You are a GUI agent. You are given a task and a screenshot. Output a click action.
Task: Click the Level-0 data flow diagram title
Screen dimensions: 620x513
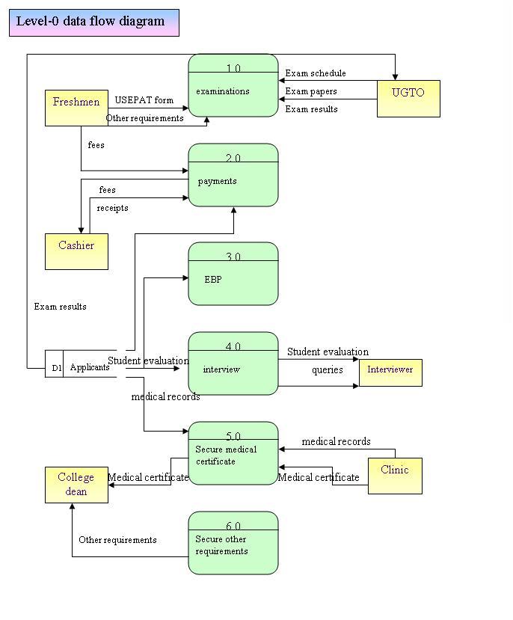pyautogui.click(x=93, y=22)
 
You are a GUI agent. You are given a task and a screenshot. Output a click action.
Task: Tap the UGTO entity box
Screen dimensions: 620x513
pyautogui.click(x=408, y=98)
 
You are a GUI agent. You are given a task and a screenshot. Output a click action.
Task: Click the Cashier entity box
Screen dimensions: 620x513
pyautogui.click(x=76, y=251)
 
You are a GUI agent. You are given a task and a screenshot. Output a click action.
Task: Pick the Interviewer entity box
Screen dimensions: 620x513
pyautogui.click(x=390, y=372)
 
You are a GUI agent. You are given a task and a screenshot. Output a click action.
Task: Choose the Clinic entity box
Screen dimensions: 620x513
pyautogui.click(x=395, y=476)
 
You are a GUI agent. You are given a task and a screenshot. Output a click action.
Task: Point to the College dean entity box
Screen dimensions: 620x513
pyautogui.click(x=76, y=485)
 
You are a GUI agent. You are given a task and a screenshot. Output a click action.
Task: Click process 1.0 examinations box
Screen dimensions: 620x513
pyautogui.click(x=233, y=86)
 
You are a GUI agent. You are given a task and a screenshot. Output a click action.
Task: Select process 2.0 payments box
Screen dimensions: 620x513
pyautogui.click(x=233, y=175)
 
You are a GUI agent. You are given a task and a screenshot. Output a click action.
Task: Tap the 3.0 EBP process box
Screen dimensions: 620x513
pyautogui.click(x=233, y=274)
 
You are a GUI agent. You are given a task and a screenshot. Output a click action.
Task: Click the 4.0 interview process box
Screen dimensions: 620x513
pyautogui.click(x=233, y=363)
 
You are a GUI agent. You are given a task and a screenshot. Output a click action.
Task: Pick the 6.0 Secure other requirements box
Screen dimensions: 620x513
pyautogui.click(x=233, y=543)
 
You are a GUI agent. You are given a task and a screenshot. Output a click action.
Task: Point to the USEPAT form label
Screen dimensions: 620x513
pyautogui.click(x=144, y=100)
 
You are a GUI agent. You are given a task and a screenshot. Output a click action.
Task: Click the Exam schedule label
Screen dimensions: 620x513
pyautogui.click(x=316, y=73)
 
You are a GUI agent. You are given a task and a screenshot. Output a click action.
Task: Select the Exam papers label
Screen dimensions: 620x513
pyautogui.click(x=311, y=91)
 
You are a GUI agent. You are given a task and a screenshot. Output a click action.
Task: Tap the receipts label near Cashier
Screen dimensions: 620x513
pyautogui.click(x=112, y=208)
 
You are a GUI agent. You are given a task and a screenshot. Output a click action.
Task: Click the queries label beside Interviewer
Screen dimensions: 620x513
pyautogui.click(x=328, y=370)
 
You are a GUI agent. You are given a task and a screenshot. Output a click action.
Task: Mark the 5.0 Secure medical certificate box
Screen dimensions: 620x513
pyautogui.click(x=233, y=453)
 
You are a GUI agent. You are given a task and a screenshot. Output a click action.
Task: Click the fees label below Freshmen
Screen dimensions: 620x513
pyautogui.click(x=96, y=145)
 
